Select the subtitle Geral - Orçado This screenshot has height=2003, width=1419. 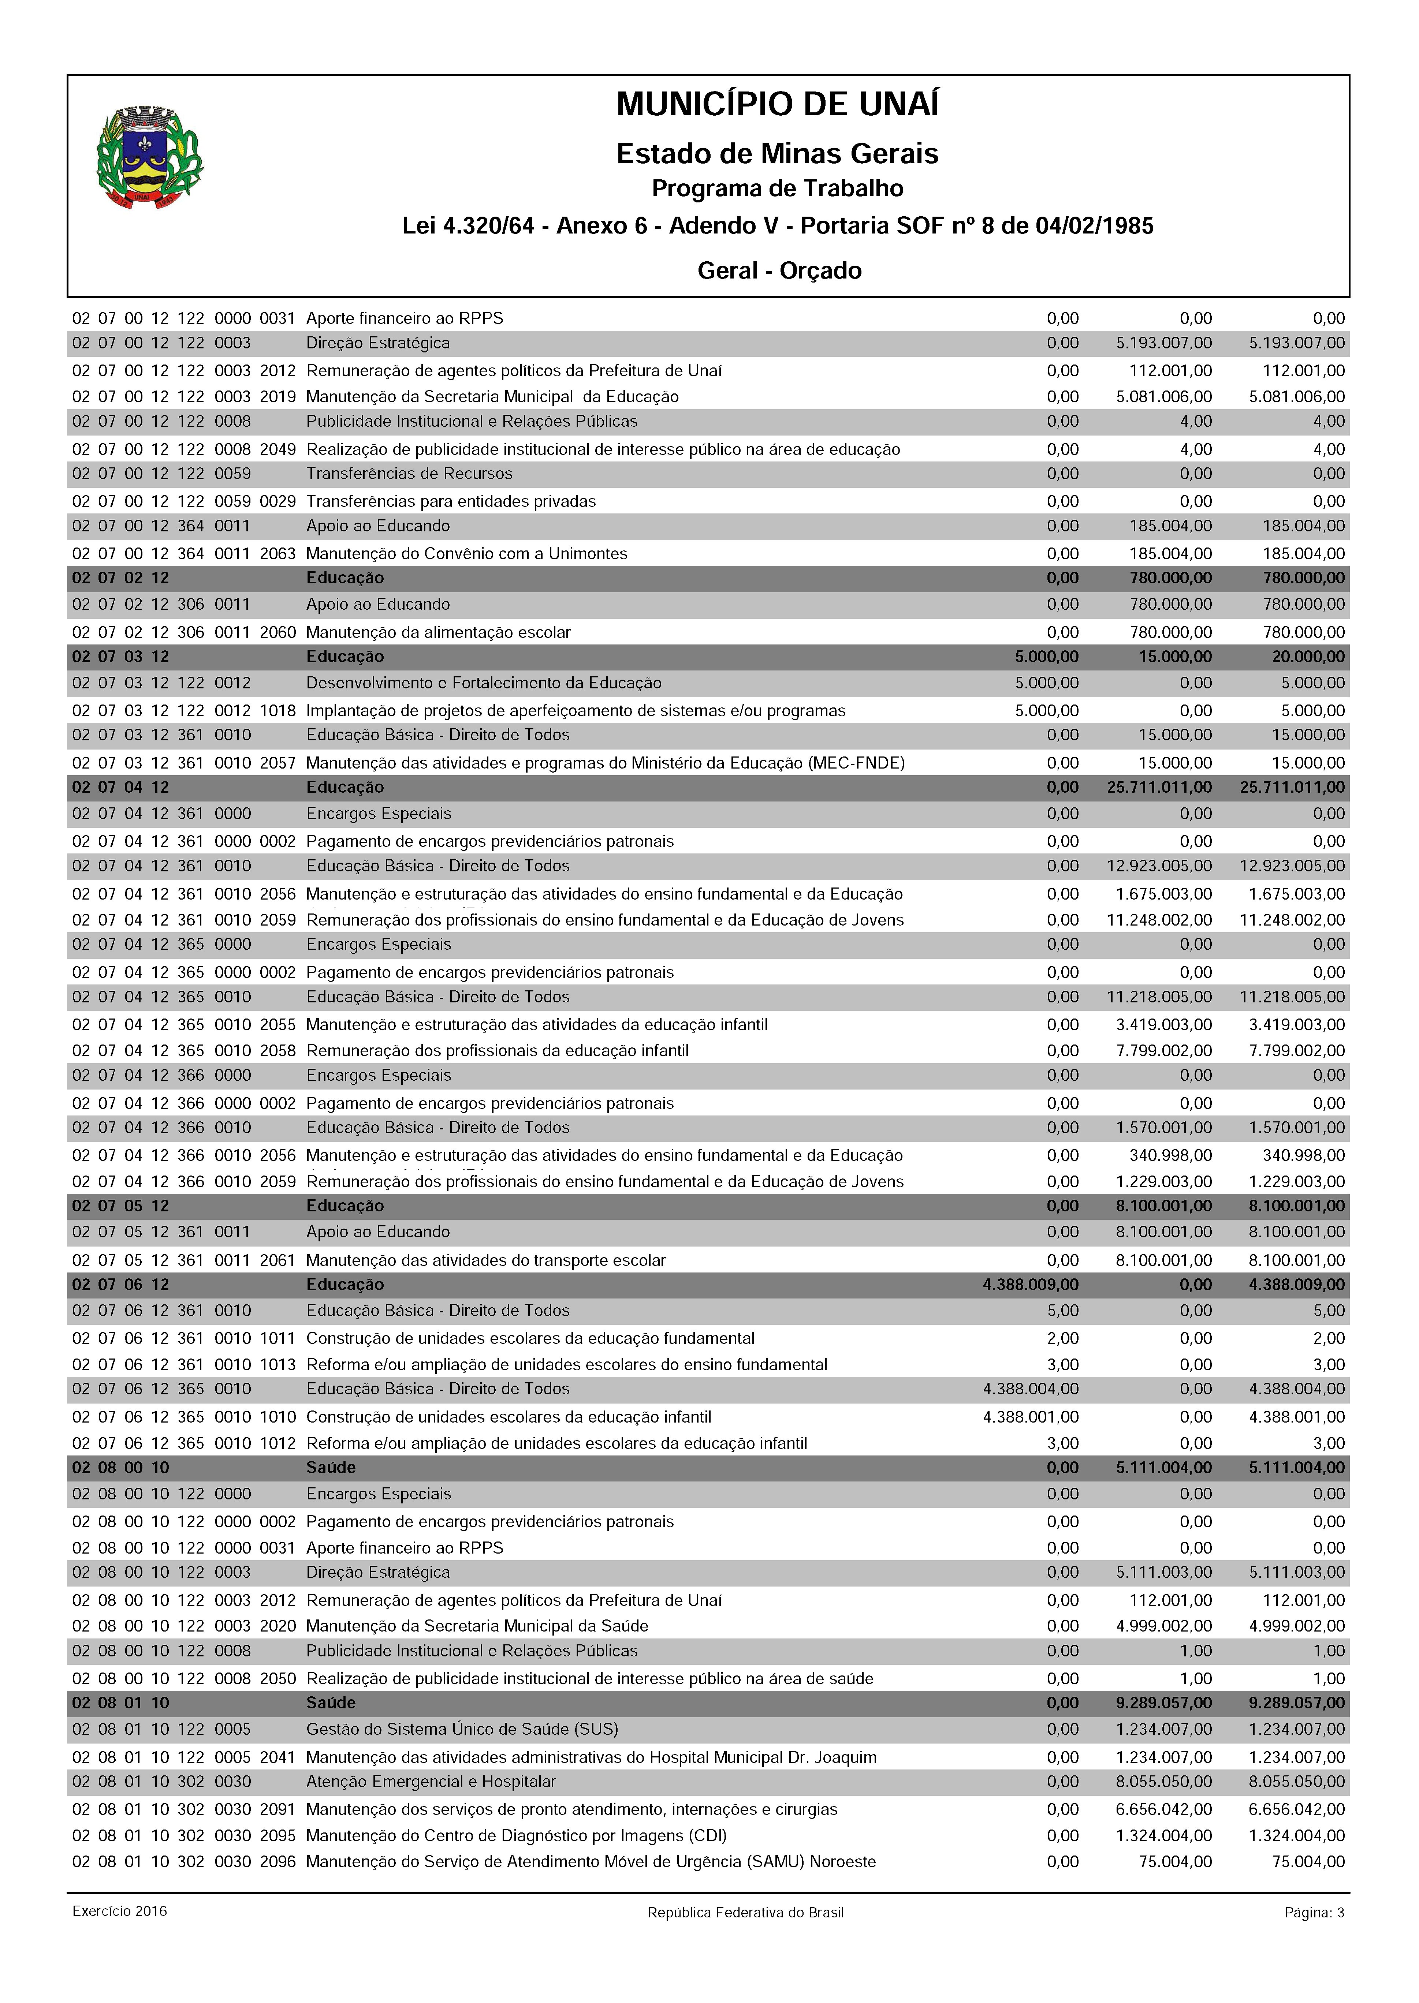point(779,271)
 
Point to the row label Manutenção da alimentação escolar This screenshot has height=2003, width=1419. point(438,632)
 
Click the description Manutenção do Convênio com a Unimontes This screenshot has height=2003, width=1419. point(466,553)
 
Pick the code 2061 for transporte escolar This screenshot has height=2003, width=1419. point(278,1260)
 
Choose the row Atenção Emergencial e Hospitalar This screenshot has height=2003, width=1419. point(431,1781)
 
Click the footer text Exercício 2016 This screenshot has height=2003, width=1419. point(120,1910)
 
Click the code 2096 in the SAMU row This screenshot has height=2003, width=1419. point(278,1861)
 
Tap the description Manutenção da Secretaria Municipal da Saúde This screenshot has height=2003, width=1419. point(477,1626)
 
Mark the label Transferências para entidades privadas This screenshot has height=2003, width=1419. point(451,501)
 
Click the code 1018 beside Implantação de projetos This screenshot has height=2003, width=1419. point(278,710)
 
